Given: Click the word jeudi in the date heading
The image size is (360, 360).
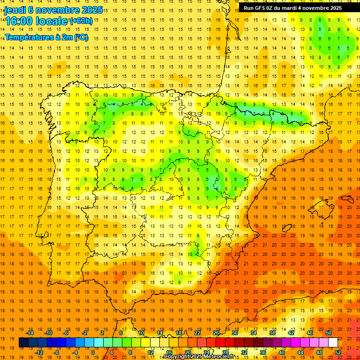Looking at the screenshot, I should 15,10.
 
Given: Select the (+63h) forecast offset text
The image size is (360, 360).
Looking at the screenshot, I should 81,21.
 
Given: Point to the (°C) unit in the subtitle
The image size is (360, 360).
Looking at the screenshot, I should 81,37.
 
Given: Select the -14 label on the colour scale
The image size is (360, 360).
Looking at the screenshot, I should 30,333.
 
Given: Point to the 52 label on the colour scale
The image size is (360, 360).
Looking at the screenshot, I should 338,352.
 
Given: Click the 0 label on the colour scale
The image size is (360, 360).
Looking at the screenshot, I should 93,352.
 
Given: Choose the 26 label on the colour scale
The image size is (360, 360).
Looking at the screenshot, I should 216,333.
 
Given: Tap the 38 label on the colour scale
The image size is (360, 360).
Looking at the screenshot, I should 272,333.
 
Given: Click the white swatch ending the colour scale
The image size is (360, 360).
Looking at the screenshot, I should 333,343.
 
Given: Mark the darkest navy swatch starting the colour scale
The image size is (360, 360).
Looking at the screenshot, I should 23,343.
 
